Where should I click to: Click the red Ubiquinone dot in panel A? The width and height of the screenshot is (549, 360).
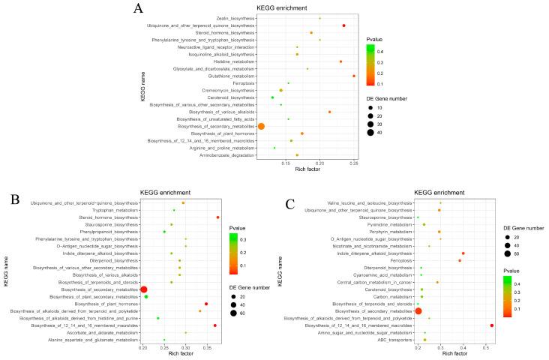point(343,25)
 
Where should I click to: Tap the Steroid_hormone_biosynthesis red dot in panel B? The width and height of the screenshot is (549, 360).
point(217,217)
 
